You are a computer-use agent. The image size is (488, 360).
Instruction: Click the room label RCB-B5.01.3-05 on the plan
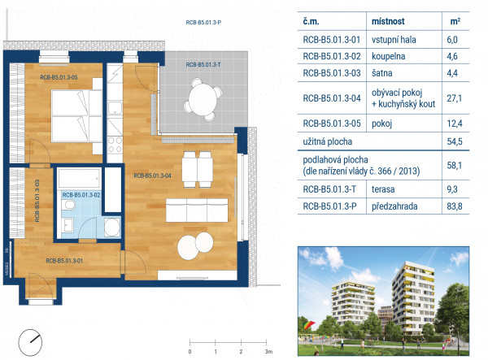59,77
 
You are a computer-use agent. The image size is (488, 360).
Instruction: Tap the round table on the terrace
203,99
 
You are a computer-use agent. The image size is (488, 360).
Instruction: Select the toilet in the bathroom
68,205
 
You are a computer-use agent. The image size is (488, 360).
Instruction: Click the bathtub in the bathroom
79,178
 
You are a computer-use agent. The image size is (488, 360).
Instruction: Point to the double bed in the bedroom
77,116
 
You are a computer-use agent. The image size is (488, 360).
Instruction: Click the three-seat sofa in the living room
197,210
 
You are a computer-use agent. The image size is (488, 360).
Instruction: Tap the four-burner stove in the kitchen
115,145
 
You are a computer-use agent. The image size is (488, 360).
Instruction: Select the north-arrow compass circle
30,343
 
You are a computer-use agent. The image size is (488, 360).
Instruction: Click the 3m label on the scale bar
268,352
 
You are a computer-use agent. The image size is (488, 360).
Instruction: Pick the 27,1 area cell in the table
454,98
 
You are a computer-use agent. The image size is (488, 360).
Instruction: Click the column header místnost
388,21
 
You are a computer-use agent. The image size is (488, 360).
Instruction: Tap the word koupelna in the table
388,56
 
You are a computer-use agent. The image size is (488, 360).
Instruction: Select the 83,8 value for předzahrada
455,206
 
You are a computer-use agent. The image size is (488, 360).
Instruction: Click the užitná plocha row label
328,141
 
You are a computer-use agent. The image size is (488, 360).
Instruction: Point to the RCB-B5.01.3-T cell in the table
329,189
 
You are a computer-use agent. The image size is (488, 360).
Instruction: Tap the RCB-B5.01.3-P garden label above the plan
203,23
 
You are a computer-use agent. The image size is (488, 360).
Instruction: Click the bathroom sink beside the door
68,225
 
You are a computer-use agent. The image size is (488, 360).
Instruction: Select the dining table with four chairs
197,169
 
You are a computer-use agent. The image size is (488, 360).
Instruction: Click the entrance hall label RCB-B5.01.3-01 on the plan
64,261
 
